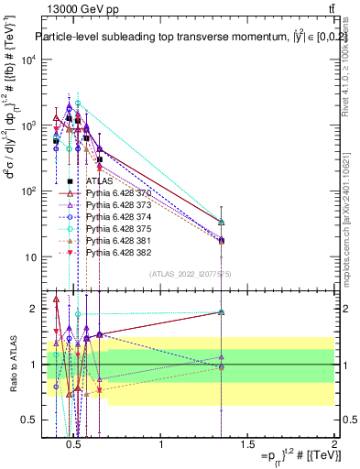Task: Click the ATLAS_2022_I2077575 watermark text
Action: pos(183,274)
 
